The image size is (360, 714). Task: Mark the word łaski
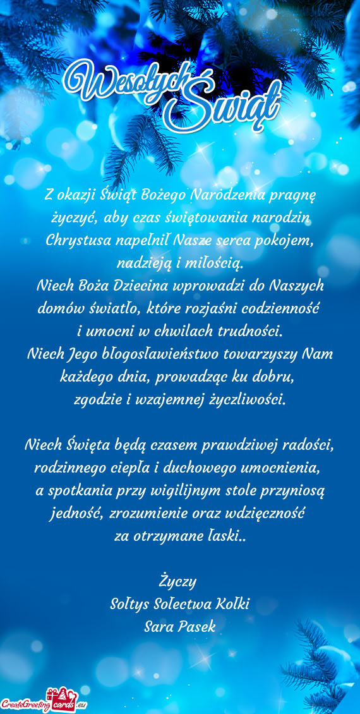tap(219, 536)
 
